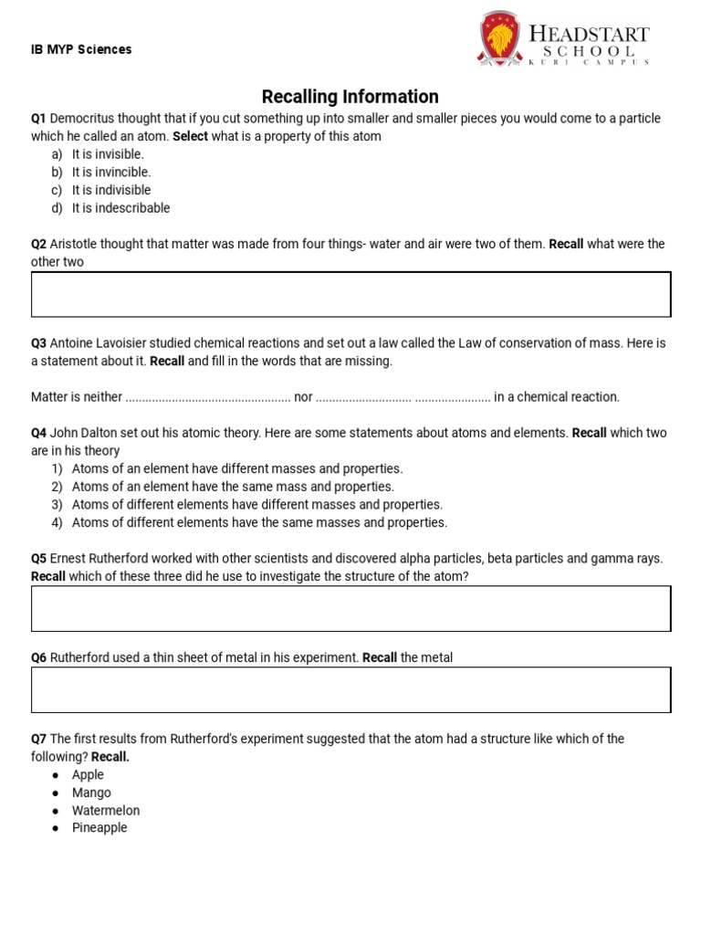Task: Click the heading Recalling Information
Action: [x=350, y=97]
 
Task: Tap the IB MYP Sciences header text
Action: [x=81, y=49]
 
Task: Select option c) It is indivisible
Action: [x=111, y=190]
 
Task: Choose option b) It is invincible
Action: [x=111, y=172]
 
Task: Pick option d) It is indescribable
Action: [x=120, y=208]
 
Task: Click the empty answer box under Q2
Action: [x=350, y=294]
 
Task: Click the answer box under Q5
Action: [x=350, y=608]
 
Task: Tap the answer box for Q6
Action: [x=350, y=689]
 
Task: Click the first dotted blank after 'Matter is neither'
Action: [x=207, y=397]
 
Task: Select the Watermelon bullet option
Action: [x=106, y=811]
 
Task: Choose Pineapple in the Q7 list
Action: [x=99, y=828]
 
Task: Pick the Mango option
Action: [x=91, y=793]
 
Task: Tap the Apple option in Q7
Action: [x=88, y=775]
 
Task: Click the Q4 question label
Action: [x=38, y=433]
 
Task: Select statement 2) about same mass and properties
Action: [x=233, y=487]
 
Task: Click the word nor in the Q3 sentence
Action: [x=303, y=397]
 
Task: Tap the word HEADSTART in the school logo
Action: [x=590, y=34]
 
